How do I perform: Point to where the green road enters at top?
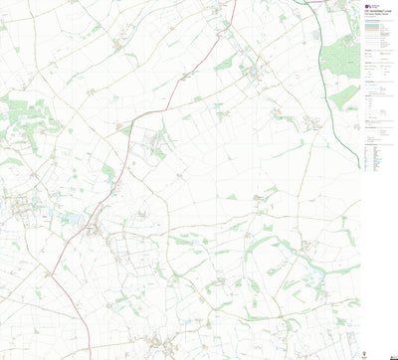305,1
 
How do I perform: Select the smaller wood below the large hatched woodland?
344,95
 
